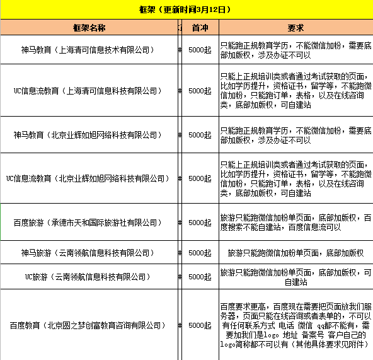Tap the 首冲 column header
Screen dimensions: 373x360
point(200,28)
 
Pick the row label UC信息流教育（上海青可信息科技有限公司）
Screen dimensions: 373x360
point(89,90)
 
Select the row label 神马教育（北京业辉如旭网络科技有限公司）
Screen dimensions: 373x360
point(89,134)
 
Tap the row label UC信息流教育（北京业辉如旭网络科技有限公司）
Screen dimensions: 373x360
point(89,178)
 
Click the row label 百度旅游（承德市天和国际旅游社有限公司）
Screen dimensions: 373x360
point(89,222)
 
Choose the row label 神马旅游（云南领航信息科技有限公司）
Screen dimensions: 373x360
point(89,253)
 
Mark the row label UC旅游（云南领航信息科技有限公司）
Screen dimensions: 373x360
point(89,277)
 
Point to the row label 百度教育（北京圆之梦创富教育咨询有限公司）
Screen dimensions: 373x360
point(89,325)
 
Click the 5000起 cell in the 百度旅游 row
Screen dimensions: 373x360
point(200,222)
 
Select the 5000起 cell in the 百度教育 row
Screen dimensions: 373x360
point(200,325)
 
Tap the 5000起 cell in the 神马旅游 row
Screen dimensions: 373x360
point(200,253)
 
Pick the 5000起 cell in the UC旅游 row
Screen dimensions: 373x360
point(200,277)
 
